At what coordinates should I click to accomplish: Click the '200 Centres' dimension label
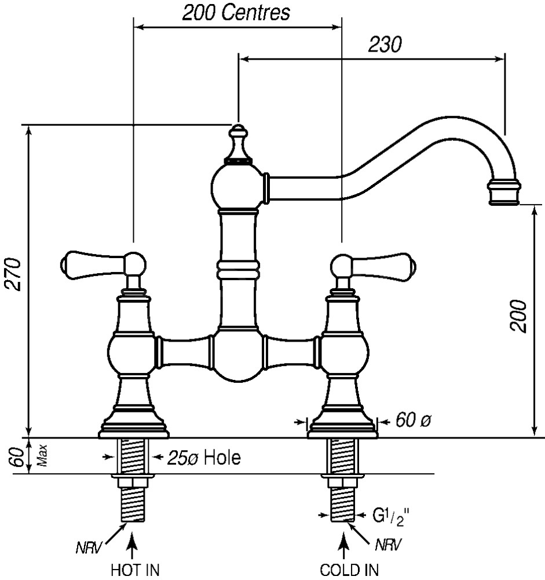tap(236, 13)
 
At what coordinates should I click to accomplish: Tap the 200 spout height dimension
tap(520, 316)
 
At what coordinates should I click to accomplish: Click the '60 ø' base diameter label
tap(413, 421)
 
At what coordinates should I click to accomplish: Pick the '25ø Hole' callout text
tap(204, 458)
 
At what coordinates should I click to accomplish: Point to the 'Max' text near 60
tap(41, 457)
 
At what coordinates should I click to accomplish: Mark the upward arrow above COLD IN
tap(344, 545)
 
